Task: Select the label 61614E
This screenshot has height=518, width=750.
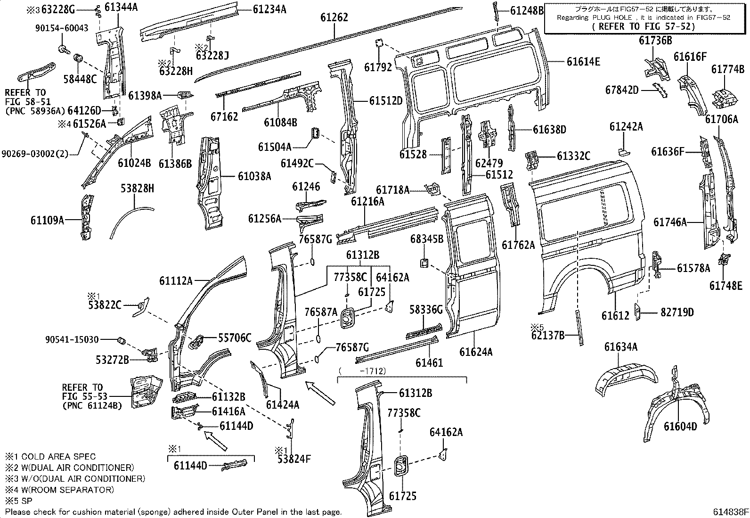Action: (x=583, y=61)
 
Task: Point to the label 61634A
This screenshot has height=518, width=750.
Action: (x=620, y=347)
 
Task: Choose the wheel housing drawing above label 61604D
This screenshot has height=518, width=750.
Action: (x=674, y=401)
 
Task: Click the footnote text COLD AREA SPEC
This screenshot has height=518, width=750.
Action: (x=58, y=456)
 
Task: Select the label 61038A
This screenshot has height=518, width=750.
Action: (x=254, y=176)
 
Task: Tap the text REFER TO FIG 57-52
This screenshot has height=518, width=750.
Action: (x=643, y=26)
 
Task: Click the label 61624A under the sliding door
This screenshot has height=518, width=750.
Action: (x=476, y=352)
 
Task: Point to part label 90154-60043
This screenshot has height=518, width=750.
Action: (x=62, y=28)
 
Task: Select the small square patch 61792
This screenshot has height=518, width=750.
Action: (x=378, y=43)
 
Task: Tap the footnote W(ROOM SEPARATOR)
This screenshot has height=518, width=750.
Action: (x=67, y=490)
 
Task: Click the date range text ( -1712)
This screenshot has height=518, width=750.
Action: (x=362, y=370)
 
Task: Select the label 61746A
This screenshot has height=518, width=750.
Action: (x=670, y=222)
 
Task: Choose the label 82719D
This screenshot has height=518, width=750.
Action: (x=677, y=312)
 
